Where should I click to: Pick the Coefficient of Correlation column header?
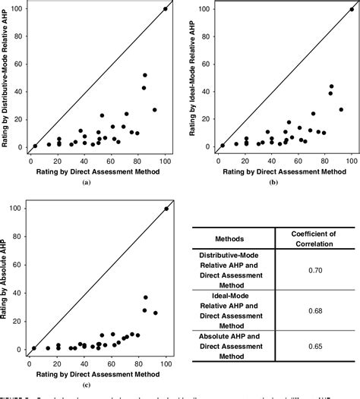(314, 237)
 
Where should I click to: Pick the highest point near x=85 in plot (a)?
(144, 75)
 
